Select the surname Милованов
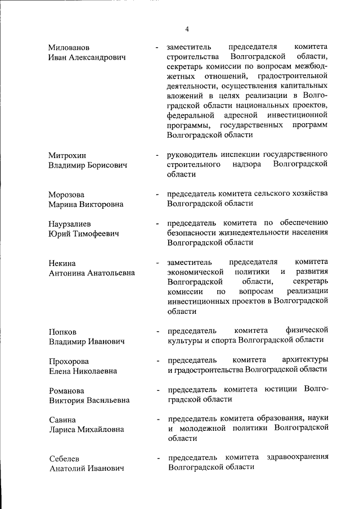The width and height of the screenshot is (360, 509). point(69,47)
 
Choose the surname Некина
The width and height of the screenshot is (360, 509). point(62,263)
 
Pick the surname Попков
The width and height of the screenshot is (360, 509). point(62,331)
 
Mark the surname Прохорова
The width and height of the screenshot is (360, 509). point(69,361)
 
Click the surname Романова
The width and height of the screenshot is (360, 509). point(66,390)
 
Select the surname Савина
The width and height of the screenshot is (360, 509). point(62,420)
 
